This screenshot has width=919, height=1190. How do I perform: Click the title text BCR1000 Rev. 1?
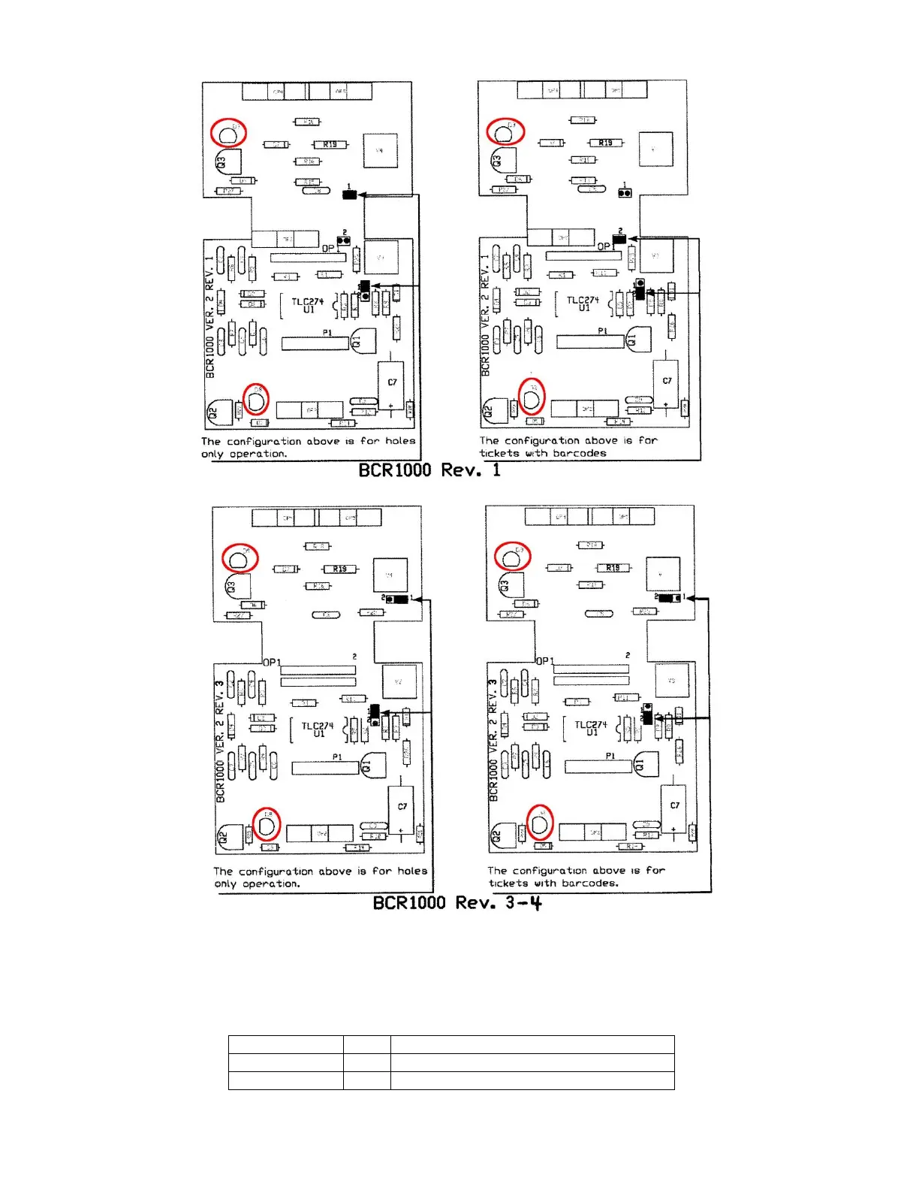(429, 470)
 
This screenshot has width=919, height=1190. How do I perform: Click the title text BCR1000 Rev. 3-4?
(456, 902)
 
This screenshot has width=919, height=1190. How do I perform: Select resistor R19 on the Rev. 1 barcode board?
(605, 143)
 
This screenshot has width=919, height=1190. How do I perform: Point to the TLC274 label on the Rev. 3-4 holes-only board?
(318, 726)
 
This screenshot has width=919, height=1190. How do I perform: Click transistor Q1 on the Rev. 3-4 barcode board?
(646, 764)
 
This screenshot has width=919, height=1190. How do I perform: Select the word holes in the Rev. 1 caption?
(400, 441)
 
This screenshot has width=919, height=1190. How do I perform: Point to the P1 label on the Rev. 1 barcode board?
(602, 331)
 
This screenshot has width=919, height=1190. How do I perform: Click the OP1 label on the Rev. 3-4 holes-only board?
(272, 662)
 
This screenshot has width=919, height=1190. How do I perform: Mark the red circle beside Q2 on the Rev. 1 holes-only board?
(256, 399)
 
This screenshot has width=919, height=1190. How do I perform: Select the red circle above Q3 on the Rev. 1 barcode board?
(505, 131)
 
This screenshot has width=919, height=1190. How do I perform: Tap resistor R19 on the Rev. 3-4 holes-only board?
(339, 569)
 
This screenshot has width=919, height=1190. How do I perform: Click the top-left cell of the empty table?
(285, 1044)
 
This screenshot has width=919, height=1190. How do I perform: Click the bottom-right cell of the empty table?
(532, 1080)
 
